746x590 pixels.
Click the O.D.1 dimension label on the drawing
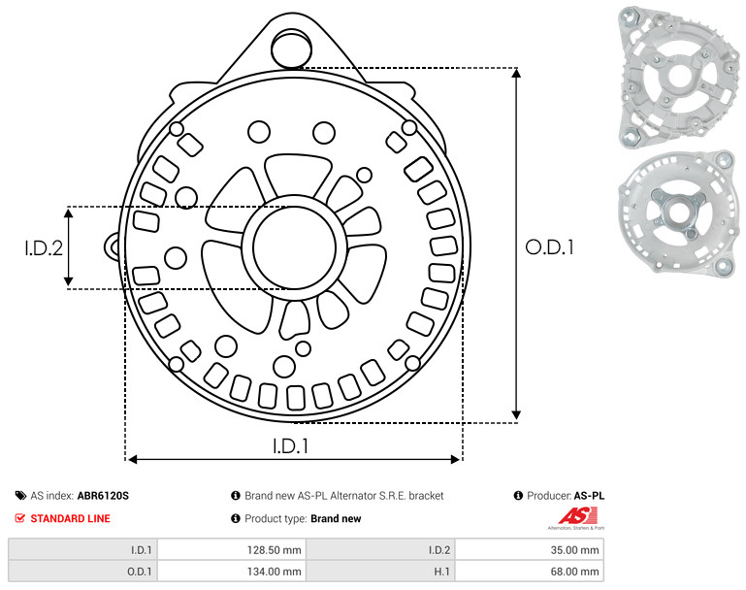549,247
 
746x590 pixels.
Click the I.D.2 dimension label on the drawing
44,248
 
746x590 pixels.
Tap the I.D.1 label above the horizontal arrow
291,446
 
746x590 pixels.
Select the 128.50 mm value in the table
274,550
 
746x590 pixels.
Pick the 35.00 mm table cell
574,550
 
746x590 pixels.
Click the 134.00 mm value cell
274,572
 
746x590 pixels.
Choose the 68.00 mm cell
574,572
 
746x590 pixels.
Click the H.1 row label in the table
442,572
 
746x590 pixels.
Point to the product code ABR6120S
103,496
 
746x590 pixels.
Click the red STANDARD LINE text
71,518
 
